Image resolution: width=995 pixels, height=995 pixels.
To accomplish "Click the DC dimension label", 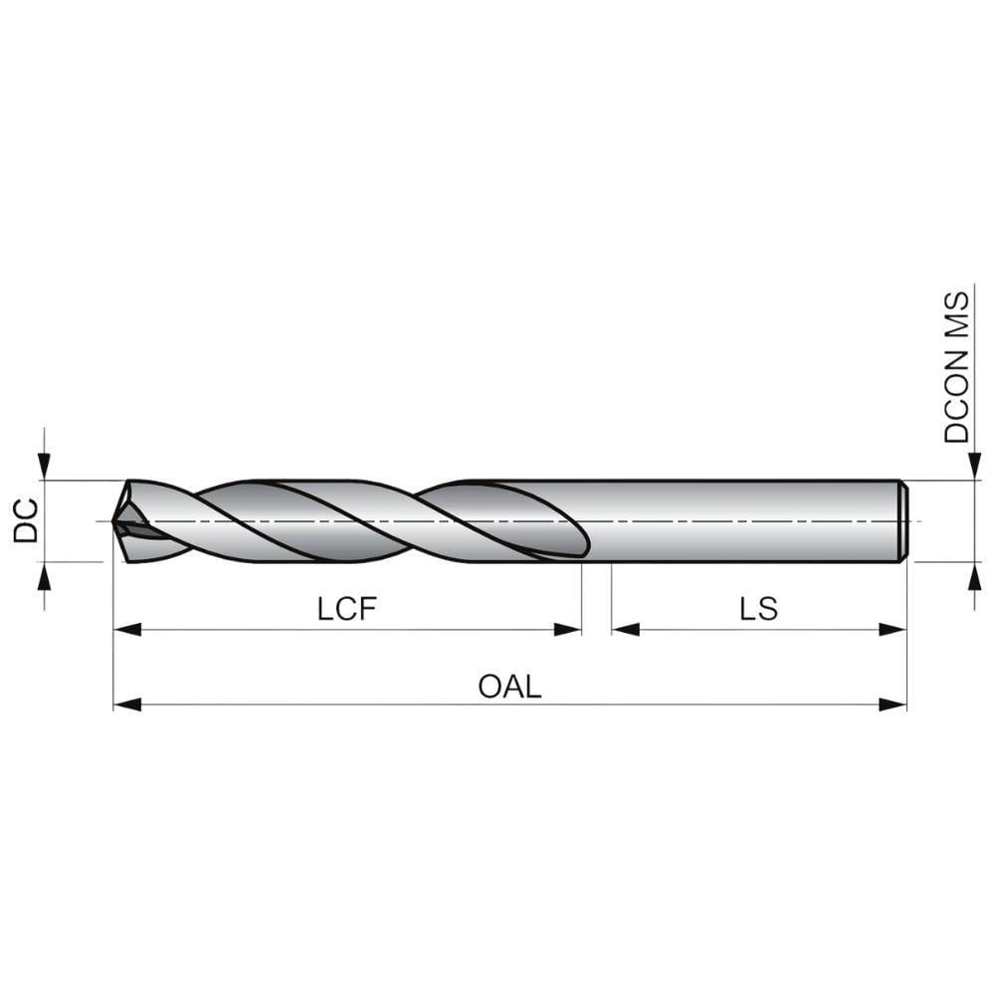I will click(26, 520).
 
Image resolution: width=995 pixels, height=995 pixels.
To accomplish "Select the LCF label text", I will click(348, 609).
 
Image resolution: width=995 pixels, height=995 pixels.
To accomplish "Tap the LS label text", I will click(759, 609).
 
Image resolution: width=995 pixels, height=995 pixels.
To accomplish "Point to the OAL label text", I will click(510, 687).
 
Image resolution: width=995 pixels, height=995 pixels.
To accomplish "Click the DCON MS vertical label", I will click(957, 367).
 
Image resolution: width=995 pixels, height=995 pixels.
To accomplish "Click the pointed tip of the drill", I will click(115, 520).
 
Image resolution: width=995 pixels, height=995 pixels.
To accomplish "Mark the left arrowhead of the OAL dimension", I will click(126, 704).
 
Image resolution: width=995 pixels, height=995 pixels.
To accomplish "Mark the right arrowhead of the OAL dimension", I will click(894, 704).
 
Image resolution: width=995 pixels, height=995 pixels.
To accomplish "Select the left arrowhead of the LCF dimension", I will click(126, 629).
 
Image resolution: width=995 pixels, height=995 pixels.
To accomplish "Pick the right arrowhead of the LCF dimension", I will click(568, 629).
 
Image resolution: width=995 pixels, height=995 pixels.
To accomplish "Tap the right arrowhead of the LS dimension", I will click(894, 629).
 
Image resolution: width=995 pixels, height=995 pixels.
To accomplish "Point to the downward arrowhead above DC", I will click(44, 467).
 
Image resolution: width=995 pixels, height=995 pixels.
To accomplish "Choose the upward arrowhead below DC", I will click(44, 574).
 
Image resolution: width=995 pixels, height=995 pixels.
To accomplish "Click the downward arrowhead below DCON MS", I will click(974, 467).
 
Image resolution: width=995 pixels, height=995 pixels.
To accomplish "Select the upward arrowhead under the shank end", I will click(974, 574).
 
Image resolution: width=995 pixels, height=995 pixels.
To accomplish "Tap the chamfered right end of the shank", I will click(903, 520).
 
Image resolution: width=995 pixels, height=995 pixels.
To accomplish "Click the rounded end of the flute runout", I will click(584, 542).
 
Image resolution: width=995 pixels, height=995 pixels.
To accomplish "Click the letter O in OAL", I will click(490, 687).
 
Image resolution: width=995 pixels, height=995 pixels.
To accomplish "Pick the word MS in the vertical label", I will click(957, 314).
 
